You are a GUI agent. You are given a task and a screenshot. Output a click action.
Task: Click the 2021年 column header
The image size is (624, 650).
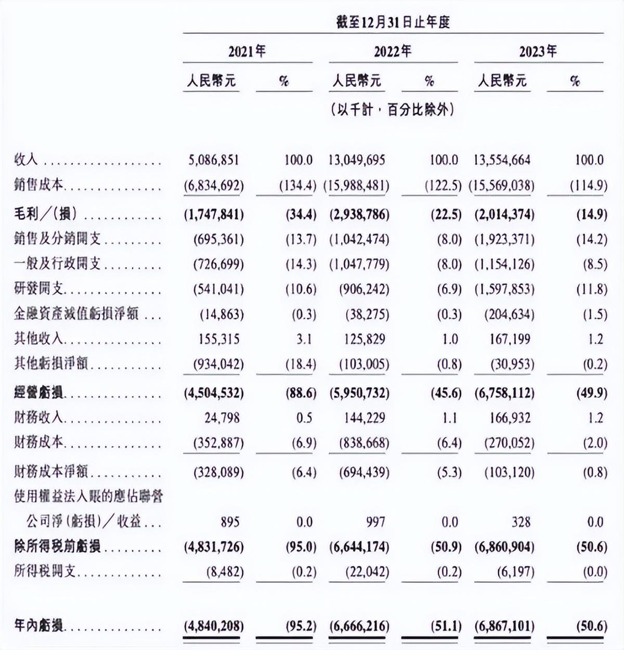click(247, 51)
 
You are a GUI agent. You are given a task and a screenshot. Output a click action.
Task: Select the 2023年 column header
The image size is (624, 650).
click(538, 51)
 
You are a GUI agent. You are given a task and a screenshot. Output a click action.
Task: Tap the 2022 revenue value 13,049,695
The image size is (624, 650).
click(357, 160)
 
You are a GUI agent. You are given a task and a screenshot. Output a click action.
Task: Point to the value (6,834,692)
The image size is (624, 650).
click(213, 186)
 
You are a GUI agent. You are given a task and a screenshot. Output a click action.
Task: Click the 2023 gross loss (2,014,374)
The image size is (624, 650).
click(504, 214)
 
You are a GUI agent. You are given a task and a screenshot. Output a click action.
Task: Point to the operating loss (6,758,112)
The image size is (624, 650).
click(504, 393)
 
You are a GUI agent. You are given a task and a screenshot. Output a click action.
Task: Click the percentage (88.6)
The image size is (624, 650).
click(301, 393)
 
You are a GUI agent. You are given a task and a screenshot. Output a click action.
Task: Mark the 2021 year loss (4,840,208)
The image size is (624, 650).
click(213, 626)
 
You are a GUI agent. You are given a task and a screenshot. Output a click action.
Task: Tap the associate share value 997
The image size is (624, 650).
click(375, 522)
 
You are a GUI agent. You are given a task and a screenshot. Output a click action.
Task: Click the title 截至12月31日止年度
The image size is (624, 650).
click(393, 22)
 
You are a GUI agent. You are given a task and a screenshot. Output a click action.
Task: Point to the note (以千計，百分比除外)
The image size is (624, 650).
click(393, 110)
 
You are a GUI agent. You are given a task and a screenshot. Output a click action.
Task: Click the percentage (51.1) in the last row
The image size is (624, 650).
click(446, 626)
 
